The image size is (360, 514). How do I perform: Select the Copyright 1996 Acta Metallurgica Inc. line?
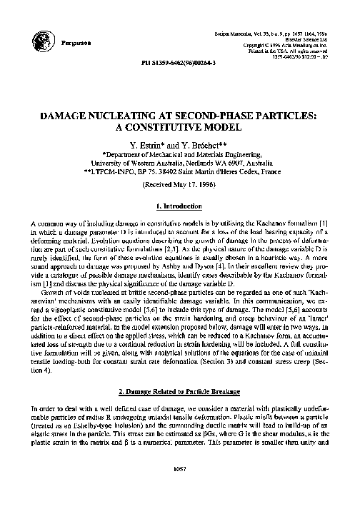click(299, 47)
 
